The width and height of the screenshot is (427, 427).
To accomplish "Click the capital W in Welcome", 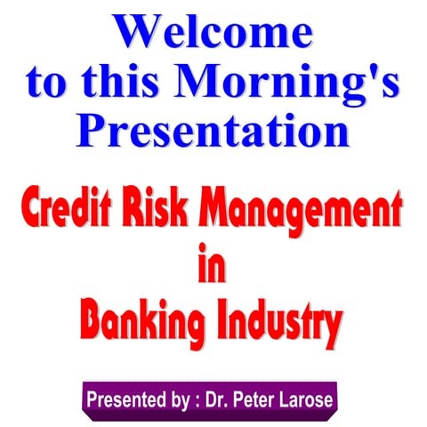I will (142, 33).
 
